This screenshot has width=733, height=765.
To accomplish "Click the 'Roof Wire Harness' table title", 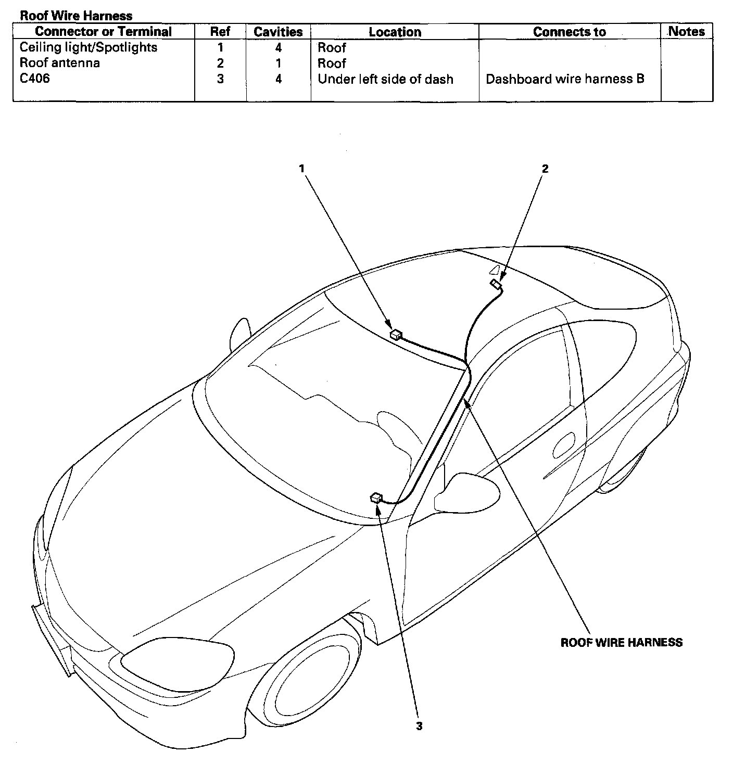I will [x=76, y=16].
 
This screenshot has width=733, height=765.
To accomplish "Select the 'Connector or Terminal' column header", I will [x=103, y=32].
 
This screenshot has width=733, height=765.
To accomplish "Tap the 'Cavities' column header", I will [x=278, y=32].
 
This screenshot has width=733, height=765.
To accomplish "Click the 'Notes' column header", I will [x=686, y=31].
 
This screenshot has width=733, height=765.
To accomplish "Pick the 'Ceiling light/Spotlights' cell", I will [x=89, y=47].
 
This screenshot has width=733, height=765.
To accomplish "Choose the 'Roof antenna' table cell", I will [x=60, y=63].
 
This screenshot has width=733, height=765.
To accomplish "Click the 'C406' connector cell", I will [x=35, y=79].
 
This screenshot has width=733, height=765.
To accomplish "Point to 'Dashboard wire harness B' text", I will [x=565, y=79].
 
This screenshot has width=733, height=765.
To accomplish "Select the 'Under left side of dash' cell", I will [x=385, y=79].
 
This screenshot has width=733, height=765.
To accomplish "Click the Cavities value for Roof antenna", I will [x=279, y=63].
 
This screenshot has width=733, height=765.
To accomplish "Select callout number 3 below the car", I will [x=419, y=726].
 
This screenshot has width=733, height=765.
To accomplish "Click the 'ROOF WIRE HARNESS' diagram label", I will [x=621, y=642].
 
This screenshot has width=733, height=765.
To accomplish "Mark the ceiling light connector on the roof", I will [x=396, y=334].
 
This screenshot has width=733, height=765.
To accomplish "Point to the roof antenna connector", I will [x=495, y=284].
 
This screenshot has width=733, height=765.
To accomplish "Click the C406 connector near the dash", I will [x=376, y=498].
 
